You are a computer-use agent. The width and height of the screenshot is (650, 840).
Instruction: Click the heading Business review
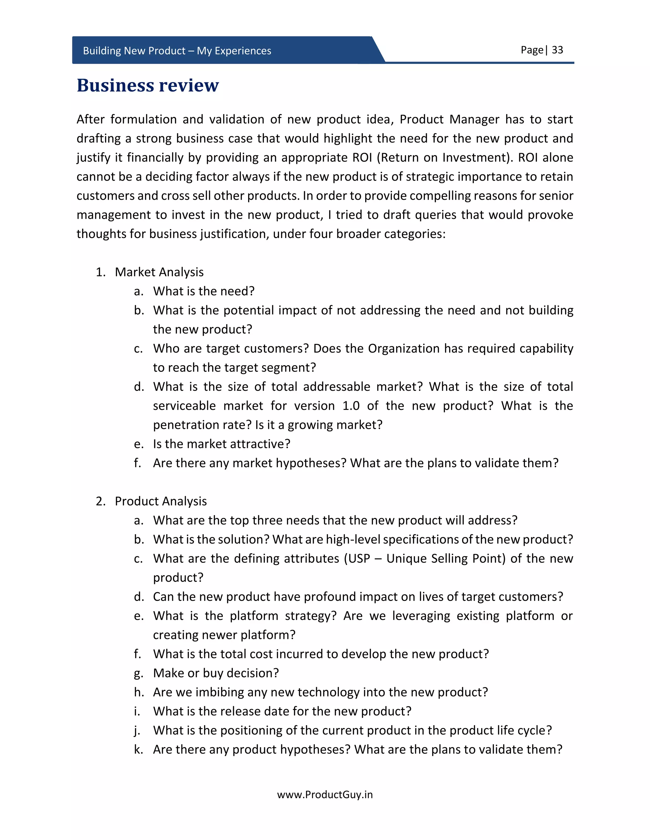148,85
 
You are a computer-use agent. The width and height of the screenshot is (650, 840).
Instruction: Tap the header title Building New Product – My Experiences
177,51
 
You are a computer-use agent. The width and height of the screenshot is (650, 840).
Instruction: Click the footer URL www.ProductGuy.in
325,795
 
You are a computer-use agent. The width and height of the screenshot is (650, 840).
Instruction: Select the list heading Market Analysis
159,272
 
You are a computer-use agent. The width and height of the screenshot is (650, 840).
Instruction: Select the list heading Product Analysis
161,501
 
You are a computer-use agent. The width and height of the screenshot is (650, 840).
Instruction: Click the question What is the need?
204,291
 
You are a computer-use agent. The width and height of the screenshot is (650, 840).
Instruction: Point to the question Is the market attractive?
222,444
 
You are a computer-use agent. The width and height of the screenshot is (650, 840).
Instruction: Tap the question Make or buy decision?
216,673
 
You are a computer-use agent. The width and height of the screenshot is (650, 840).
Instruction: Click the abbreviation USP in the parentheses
359,559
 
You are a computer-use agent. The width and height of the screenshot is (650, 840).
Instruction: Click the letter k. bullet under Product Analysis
138,750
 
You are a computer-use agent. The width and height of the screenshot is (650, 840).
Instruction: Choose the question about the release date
282,711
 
